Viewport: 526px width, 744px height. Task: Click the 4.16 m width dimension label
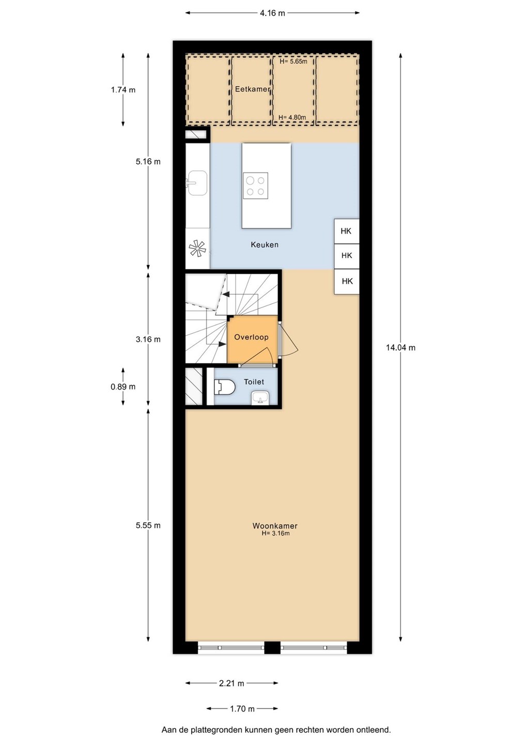(272, 13)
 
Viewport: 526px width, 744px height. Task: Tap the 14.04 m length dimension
(400, 347)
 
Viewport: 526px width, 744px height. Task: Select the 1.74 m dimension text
(123, 90)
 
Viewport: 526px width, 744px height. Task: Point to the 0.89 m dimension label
(123, 386)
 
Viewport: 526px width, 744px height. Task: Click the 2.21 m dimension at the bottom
(231, 683)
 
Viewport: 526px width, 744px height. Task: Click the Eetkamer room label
(252, 89)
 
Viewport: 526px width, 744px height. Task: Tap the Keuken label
(265, 245)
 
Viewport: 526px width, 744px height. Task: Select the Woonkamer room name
(275, 526)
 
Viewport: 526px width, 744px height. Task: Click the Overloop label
(252, 337)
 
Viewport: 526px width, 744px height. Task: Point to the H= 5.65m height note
(293, 61)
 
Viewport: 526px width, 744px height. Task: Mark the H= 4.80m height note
(292, 117)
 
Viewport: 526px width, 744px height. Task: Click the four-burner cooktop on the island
(255, 185)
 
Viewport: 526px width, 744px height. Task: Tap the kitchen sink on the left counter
(197, 183)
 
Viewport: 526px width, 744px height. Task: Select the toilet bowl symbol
(225, 386)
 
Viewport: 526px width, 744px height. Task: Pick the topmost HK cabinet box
(347, 231)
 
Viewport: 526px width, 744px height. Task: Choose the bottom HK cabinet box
(347, 281)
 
